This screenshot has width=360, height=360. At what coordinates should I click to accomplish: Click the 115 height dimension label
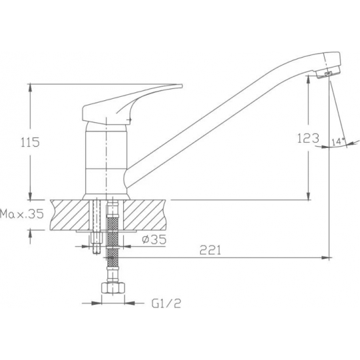point(30,142)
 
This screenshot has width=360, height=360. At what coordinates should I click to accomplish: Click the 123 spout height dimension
point(308,138)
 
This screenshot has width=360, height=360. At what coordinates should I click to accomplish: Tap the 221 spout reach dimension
point(210,250)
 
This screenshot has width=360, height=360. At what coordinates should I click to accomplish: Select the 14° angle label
point(338,141)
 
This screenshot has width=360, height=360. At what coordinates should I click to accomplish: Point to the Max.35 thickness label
point(22,214)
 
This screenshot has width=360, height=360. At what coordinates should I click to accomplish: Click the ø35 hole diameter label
point(154,240)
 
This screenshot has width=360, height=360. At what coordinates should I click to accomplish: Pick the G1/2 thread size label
point(166,304)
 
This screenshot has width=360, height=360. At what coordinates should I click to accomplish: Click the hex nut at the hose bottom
point(113,288)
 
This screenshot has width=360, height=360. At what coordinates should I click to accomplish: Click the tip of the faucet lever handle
point(182,86)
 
